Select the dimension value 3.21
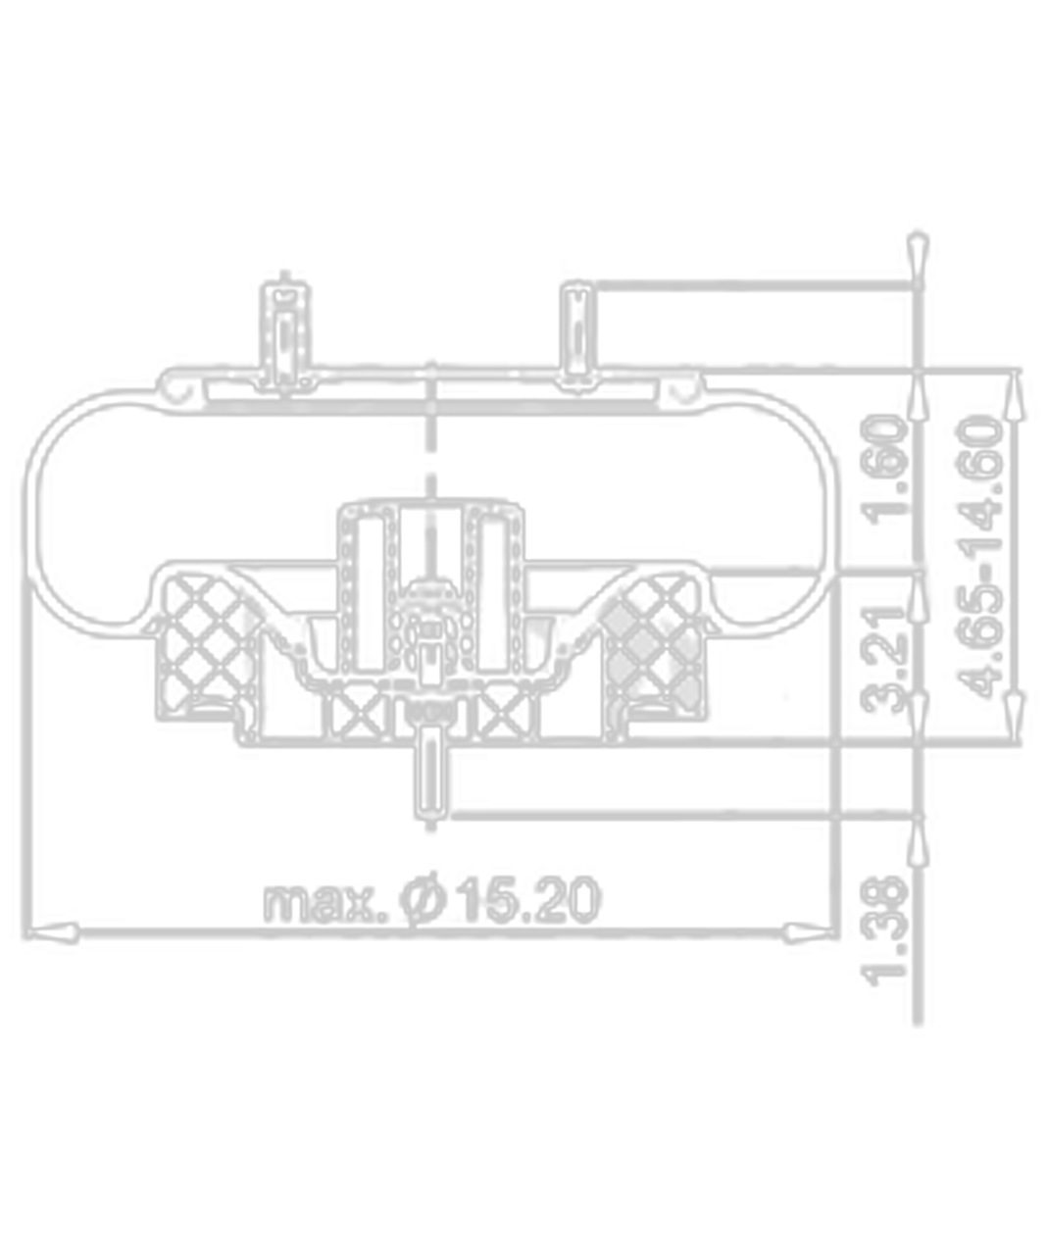tap(885, 659)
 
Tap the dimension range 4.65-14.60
tap(981, 556)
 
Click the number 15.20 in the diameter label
tap(527, 899)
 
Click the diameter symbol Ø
tap(424, 899)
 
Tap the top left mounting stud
tap(283, 333)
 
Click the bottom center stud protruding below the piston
tap(430, 775)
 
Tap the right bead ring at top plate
tap(679, 392)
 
